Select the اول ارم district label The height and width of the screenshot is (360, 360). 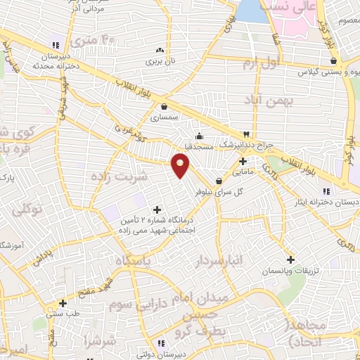(259, 64)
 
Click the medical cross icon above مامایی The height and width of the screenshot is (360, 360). (243, 160)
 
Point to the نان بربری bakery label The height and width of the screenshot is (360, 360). (160, 62)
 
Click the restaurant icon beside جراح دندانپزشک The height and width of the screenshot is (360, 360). (246, 134)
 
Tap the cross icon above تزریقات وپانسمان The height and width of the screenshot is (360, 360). (290, 259)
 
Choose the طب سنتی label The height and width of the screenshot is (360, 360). (63, 314)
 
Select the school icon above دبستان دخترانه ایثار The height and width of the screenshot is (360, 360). (326, 191)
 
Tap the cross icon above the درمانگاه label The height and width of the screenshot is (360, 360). (156, 209)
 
